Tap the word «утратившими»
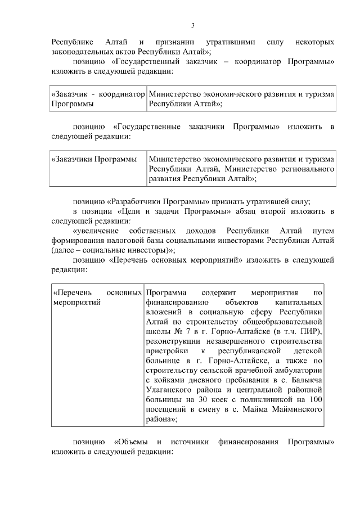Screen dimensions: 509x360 (238, 42)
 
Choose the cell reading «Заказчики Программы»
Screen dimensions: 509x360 (94, 159)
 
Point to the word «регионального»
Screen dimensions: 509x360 (307, 169)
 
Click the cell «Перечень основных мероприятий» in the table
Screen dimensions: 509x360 (96, 298)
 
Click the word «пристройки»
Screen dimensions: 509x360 (169, 352)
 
